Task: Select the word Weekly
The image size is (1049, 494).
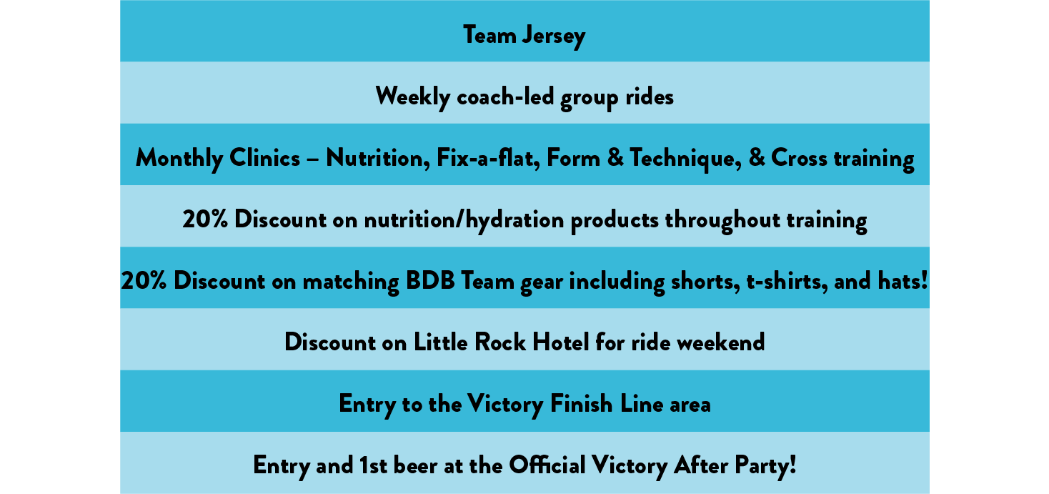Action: (412, 97)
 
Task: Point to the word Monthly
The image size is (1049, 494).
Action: (179, 159)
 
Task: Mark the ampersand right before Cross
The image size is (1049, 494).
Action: (756, 157)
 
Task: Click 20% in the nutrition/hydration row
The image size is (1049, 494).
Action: (205, 219)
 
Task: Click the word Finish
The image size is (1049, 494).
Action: (581, 403)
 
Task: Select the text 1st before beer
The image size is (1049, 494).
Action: (373, 465)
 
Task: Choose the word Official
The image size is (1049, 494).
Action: (547, 465)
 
